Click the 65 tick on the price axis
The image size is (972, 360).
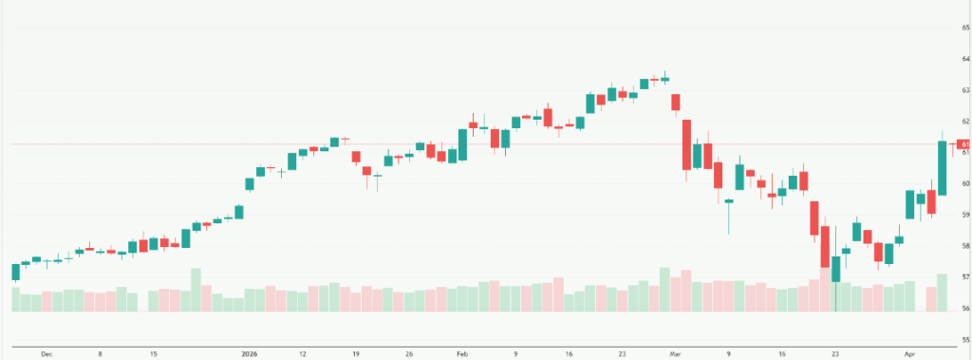[964, 28]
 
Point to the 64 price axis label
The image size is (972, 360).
[964, 59]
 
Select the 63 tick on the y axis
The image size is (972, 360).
[964, 90]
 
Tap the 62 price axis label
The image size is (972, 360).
[964, 122]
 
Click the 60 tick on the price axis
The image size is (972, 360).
[964, 183]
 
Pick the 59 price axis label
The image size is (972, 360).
[964, 215]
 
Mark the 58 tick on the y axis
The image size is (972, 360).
[964, 246]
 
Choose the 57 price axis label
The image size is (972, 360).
[964, 277]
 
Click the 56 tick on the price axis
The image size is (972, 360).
[964, 309]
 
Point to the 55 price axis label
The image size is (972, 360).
[964, 339]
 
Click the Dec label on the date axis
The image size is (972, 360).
[47, 353]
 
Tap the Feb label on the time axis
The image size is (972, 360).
[462, 353]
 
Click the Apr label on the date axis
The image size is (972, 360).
[909, 353]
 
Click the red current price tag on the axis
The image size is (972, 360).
[964, 144]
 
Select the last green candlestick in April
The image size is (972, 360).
[942, 168]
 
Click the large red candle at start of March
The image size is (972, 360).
[686, 144]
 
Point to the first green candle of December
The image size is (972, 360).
[15, 272]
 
